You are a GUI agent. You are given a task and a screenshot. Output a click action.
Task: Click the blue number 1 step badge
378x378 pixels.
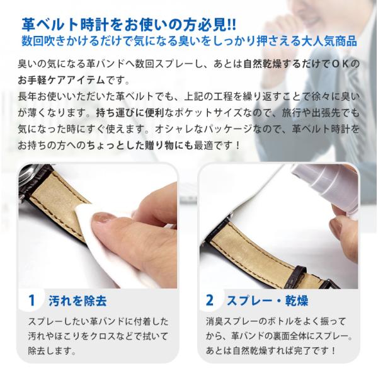(x=31, y=301)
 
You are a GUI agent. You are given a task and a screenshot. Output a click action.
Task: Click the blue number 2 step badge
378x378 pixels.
(x=210, y=301)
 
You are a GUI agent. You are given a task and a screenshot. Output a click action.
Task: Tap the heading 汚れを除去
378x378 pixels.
(x=77, y=301)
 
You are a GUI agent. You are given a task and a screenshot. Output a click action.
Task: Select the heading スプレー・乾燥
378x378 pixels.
(x=267, y=301)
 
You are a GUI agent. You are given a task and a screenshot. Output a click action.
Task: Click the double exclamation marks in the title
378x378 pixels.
(x=232, y=25)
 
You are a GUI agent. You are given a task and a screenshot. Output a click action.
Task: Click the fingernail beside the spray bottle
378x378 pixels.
(x=336, y=227)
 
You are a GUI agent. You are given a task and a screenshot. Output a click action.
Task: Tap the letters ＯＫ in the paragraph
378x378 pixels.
(x=340, y=64)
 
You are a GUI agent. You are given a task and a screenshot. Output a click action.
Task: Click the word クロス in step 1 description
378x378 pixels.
(x=103, y=336)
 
